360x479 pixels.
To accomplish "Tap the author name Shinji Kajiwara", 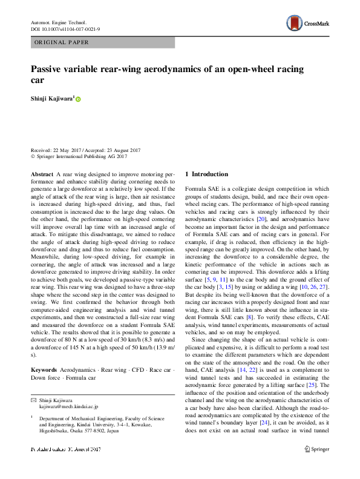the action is pyautogui.click(x=52, y=98).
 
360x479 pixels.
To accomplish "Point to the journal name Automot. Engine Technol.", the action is pyautogui.click(x=61, y=22).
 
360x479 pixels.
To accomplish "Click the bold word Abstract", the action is pyautogui.click(x=42, y=174).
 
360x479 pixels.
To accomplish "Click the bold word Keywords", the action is pyautogui.click(x=44, y=369).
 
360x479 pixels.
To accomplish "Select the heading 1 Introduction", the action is pyautogui.click(x=206, y=174).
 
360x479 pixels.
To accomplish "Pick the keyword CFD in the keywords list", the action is pyautogui.click(x=139, y=369).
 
